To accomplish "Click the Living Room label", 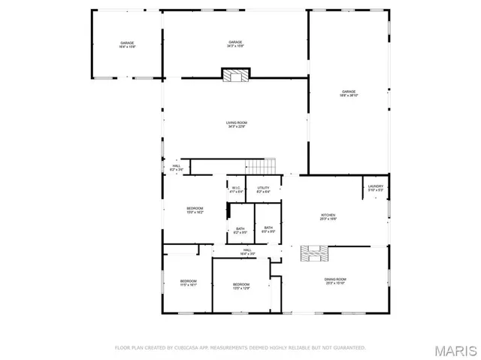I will (237, 125).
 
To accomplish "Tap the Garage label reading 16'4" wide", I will (127, 45).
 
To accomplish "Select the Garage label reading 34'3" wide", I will (235, 44).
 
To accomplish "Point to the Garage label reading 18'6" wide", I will (349, 93).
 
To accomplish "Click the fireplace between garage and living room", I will (235, 74).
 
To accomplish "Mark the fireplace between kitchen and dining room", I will (314, 254).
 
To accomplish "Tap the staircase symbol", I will (263, 166).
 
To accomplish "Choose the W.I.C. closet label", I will (236, 189).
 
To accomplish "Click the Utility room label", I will (263, 189).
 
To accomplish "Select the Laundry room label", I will (375, 188).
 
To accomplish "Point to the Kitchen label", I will (328, 216).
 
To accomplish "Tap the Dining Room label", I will (335, 281).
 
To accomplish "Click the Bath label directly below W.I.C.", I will (240, 230).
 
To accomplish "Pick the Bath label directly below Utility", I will (268, 228).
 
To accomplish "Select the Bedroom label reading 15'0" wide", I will (195, 210).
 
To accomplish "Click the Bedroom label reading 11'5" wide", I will (187, 283).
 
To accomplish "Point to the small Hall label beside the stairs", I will (176, 168).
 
